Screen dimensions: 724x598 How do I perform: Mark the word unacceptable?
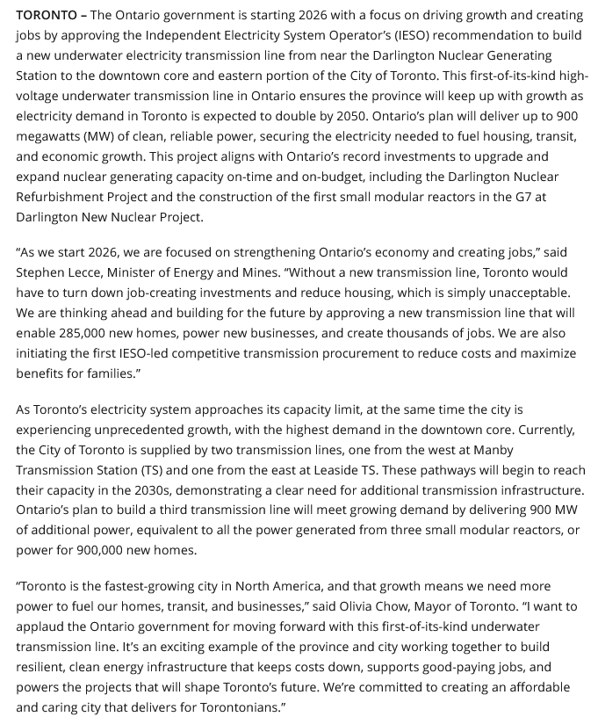pos(518,293)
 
